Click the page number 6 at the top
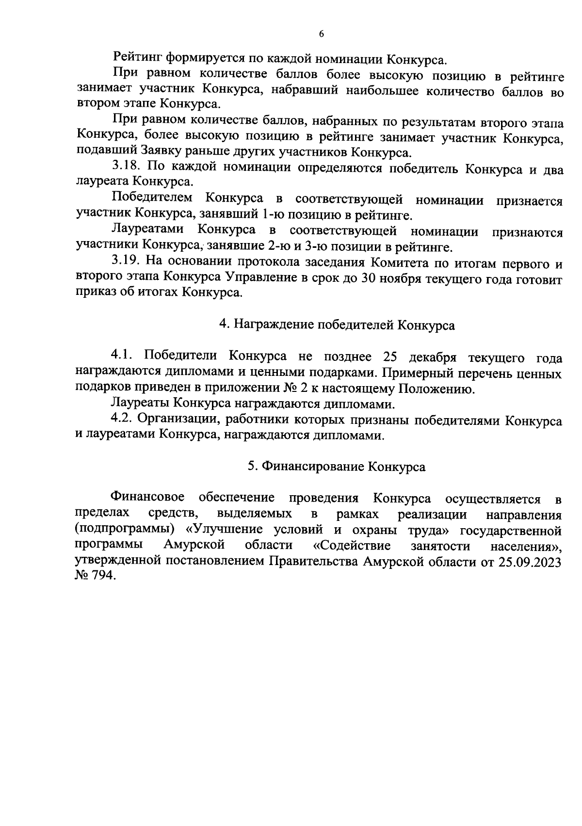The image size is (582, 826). point(321,33)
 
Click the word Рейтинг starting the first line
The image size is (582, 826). point(137,59)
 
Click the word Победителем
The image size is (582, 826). point(152,199)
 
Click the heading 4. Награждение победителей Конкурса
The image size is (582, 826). point(337,325)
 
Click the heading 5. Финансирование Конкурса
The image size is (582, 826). point(337,467)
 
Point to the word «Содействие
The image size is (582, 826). point(352,546)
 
